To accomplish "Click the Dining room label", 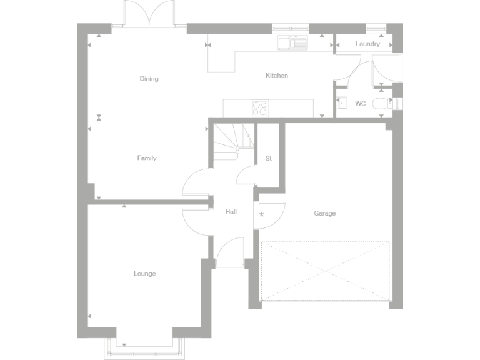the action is (149, 79).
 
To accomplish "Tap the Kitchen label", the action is (277, 76).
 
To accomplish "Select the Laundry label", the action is (367, 44).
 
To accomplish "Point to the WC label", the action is (361, 104).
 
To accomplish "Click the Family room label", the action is (147, 158).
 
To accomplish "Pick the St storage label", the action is (269, 158).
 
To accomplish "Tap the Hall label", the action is (231, 212).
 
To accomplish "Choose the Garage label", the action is (325, 214).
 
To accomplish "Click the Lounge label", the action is (144, 274).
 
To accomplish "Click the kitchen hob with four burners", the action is (259, 107).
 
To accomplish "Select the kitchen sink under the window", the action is (293, 43).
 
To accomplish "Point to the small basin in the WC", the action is (341, 104).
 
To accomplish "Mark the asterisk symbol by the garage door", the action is (262, 215).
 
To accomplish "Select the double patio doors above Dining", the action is (147, 14).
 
